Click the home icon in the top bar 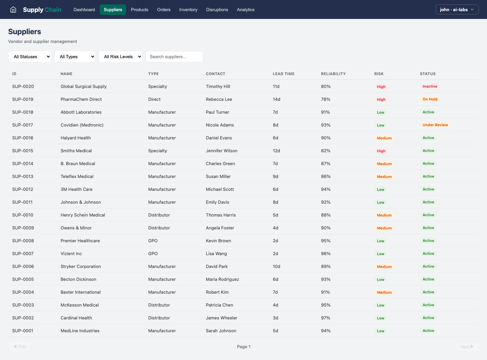13,9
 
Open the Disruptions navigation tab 217,9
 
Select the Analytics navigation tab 246,9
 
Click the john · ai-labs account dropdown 457,9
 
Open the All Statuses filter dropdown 30,57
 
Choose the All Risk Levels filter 120,57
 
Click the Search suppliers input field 174,57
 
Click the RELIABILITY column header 333,74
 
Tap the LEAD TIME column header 283,74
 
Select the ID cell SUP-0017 23,125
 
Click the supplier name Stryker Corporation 80,267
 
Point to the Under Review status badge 435,125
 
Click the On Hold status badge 430,99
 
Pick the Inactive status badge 430,87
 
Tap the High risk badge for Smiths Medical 381,151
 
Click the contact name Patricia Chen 219,305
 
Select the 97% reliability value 325,318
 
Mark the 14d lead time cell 276,99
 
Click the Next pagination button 467,346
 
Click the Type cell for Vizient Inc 153,254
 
